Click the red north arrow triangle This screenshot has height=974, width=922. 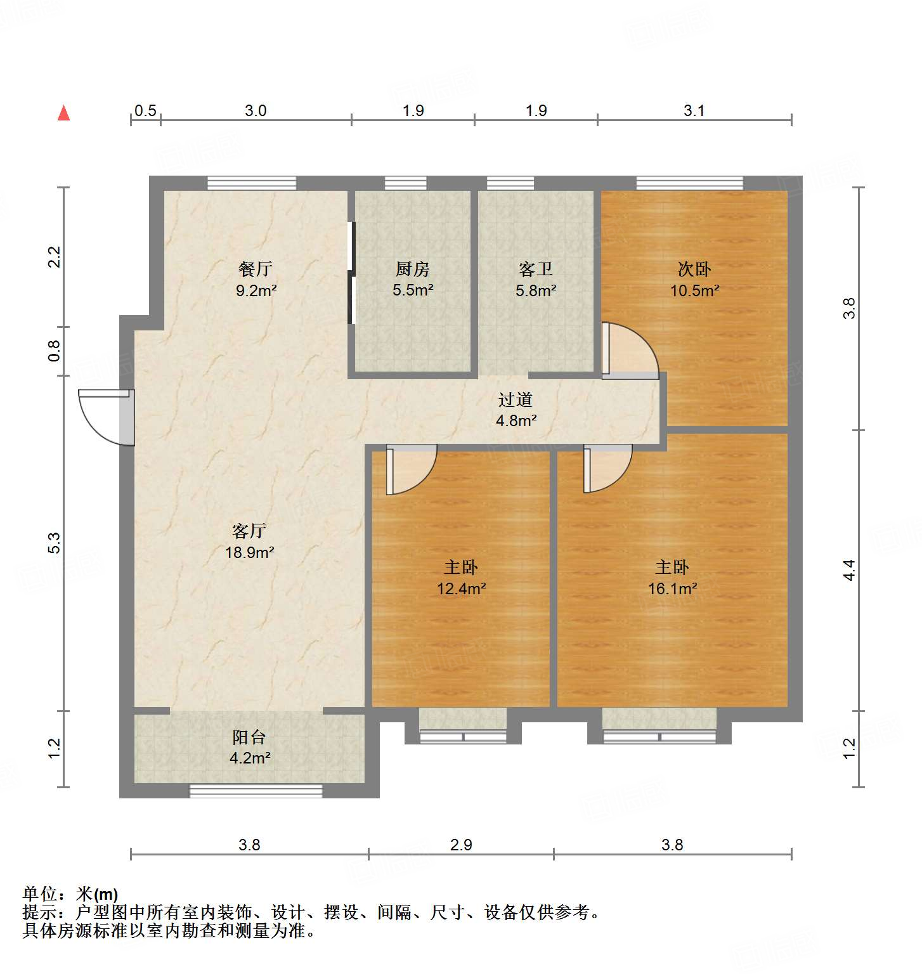coord(63,113)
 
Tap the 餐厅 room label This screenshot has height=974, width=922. coord(256,269)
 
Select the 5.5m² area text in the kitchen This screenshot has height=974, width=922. coord(413,290)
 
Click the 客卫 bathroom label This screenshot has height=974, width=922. coord(536,269)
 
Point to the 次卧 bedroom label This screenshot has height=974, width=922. coord(694,269)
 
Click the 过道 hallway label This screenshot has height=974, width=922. coord(515,399)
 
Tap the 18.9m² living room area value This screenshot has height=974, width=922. coord(250,552)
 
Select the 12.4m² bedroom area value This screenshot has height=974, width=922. coord(461,588)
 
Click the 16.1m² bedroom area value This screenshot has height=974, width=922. coord(672,588)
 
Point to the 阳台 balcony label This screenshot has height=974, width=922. coord(249,737)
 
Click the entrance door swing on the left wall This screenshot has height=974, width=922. coord(105,417)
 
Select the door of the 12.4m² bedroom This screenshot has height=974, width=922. coord(410,469)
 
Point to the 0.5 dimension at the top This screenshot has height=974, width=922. coord(145,111)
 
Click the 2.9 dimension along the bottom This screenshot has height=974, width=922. coord(461,845)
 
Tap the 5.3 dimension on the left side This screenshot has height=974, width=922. coord(55,543)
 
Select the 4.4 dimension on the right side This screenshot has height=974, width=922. coord(849,569)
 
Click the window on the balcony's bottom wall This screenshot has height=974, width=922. coord(256,791)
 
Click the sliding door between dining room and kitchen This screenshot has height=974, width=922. coord(351,273)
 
